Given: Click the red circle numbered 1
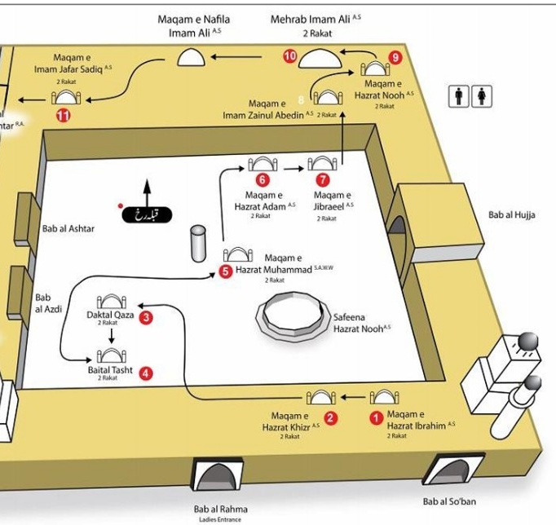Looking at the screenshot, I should click(376, 418).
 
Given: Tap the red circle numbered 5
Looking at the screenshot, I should click(226, 272).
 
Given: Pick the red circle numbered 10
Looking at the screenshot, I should click(290, 56).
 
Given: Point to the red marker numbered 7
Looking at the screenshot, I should click(324, 179).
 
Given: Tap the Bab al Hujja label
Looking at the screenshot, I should click(512, 215).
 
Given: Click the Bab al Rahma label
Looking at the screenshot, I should click(220, 510).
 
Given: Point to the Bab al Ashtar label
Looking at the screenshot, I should click(68, 229).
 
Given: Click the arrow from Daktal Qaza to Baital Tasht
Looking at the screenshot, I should click(111, 334).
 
